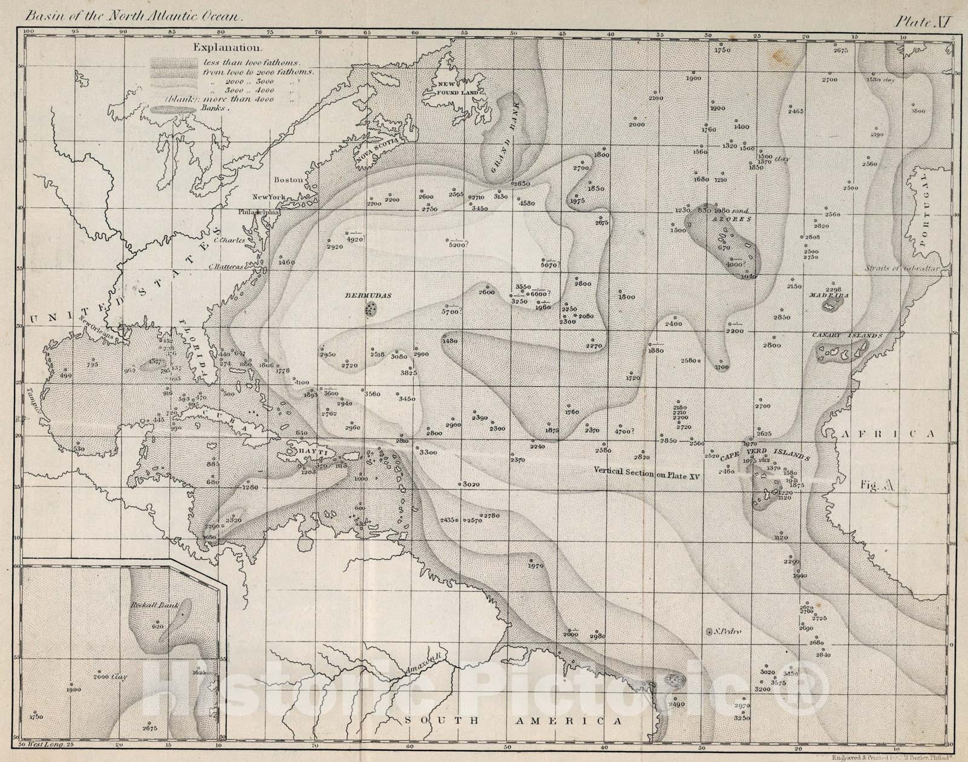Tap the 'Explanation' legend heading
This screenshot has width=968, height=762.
tap(227, 47)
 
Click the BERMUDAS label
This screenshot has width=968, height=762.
tap(368, 296)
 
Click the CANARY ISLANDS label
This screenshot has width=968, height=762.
tap(848, 335)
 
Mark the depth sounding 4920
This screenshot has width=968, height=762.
tap(355, 239)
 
